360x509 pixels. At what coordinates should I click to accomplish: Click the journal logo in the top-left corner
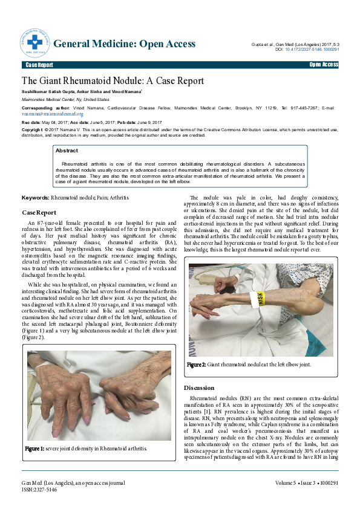36,44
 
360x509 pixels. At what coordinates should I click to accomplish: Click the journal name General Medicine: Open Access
125,44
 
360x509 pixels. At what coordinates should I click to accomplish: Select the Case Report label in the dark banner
39,65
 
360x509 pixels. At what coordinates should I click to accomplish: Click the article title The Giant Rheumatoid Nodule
113,80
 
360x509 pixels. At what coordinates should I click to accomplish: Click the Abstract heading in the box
67,150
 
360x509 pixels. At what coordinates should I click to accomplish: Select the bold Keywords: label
36,198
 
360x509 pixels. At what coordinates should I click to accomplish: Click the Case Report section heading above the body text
39,213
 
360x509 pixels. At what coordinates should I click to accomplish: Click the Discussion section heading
198,387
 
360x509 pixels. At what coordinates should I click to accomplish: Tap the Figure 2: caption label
197,365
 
